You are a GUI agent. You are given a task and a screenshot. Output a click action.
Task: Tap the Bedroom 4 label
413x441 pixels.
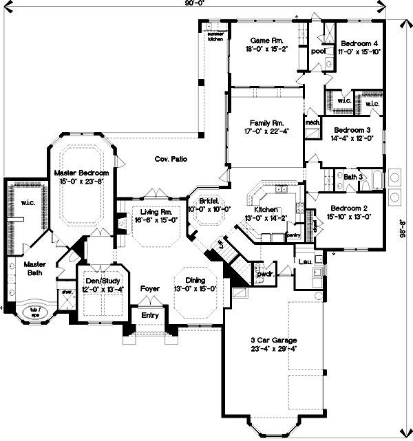point(359,44)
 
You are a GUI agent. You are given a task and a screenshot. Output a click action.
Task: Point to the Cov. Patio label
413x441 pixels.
point(171,159)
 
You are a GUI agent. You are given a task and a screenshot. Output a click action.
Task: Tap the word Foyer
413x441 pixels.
point(150,289)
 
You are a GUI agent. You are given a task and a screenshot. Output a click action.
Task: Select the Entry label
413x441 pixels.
point(150,315)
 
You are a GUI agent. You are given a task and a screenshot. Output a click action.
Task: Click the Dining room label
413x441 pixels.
point(195,280)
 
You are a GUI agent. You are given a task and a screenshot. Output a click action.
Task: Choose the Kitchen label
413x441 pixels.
point(266,209)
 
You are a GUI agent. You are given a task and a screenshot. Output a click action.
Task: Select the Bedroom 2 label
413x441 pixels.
point(350,208)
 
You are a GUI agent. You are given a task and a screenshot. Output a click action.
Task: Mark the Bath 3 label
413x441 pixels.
point(352,177)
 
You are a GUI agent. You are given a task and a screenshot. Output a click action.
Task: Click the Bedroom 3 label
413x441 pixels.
point(352,129)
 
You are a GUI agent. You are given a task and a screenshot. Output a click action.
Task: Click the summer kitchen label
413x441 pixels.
point(215,34)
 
